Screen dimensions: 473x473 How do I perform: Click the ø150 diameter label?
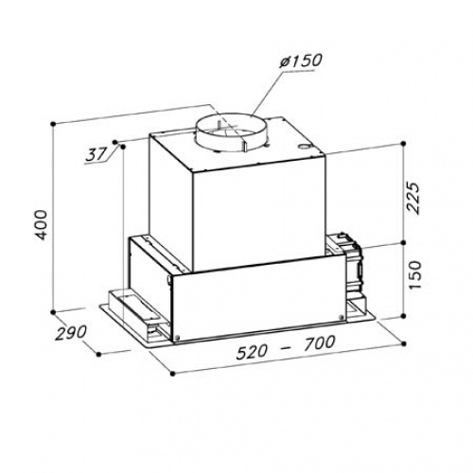click(301, 61)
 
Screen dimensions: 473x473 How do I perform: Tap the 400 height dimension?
click(42, 225)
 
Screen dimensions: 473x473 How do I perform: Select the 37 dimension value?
click(96, 155)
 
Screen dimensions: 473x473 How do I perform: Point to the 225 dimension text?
click(413, 198)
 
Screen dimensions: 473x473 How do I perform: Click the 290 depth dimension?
click(71, 333)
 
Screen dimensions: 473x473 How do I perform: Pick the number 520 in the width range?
click(253, 352)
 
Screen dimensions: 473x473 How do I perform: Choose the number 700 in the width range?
click(319, 342)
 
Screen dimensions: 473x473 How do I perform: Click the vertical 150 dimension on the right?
click(414, 274)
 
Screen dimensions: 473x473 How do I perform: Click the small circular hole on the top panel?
click(304, 147)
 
